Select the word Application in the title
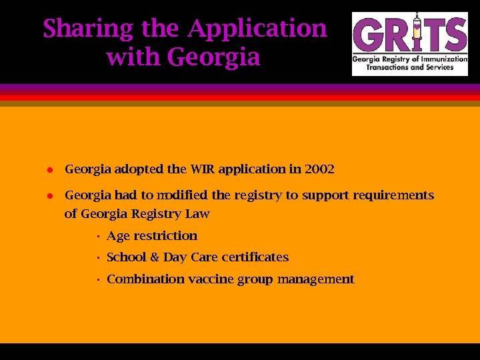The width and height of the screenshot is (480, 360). (257, 29)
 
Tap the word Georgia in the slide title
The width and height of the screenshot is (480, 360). (213, 57)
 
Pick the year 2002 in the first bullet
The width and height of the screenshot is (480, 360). (319, 169)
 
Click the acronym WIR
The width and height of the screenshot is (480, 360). (201, 169)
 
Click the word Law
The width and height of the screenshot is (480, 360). (198, 214)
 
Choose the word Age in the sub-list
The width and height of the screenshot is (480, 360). (118, 236)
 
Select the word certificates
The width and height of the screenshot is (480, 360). (255, 257)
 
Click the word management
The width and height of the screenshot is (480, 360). (315, 279)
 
